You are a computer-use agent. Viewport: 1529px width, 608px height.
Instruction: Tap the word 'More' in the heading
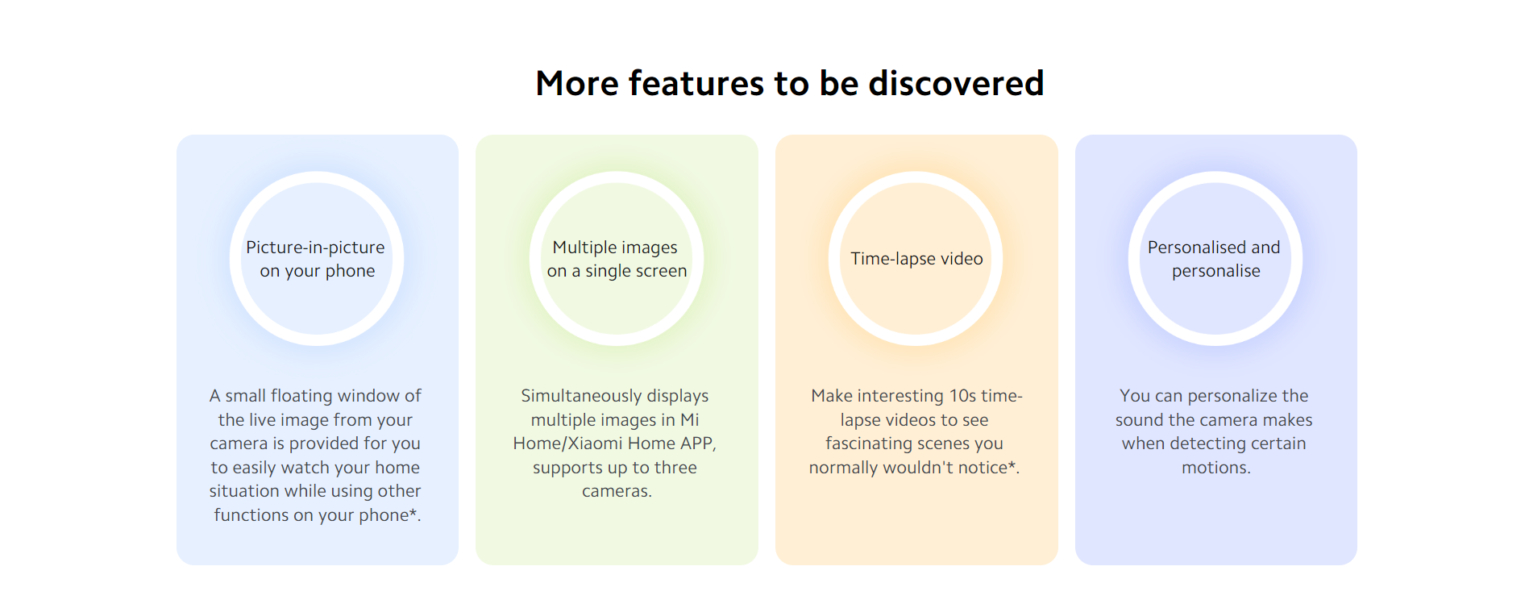[x=577, y=83]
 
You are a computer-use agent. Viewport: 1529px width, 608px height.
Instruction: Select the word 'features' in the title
[x=696, y=83]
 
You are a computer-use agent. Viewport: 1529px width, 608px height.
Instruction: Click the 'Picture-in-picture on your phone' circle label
[x=317, y=259]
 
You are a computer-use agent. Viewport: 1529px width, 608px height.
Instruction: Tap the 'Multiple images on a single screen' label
[x=617, y=259]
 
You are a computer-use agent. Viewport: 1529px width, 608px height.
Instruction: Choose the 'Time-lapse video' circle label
[x=916, y=259]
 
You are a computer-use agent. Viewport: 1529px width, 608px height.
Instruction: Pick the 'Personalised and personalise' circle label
[x=1215, y=259]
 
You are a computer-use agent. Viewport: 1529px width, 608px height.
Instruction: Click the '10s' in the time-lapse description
[x=963, y=396]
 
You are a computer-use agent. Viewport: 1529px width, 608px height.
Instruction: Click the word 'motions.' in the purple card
[x=1216, y=468]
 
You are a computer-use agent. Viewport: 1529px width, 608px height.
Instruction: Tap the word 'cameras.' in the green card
[x=617, y=491]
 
